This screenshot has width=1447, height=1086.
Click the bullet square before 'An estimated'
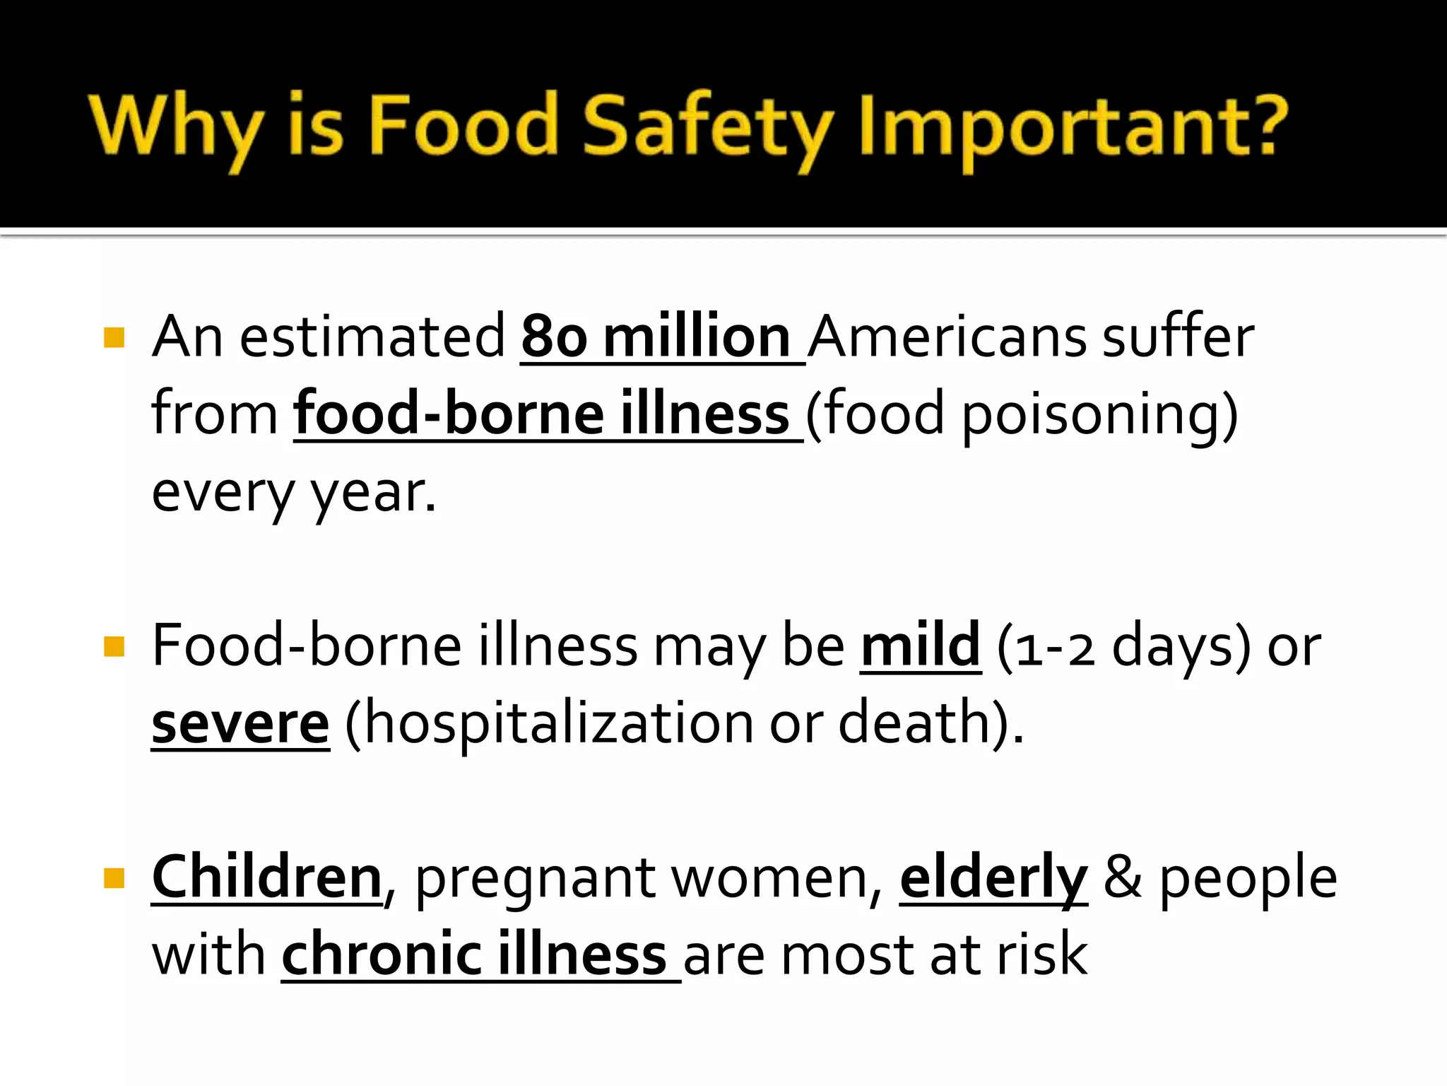pyautogui.click(x=114, y=337)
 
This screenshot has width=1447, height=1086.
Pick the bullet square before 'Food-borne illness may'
pyautogui.click(x=114, y=646)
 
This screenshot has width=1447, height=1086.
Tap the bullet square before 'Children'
pyautogui.click(x=114, y=878)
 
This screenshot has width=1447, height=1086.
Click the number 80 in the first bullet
pyautogui.click(x=554, y=337)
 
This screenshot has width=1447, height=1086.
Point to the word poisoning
pyautogui.click(x=1092, y=415)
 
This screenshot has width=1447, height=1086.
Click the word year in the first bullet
pyautogui.click(x=370, y=493)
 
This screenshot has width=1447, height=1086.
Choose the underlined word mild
pyautogui.click(x=920, y=646)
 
